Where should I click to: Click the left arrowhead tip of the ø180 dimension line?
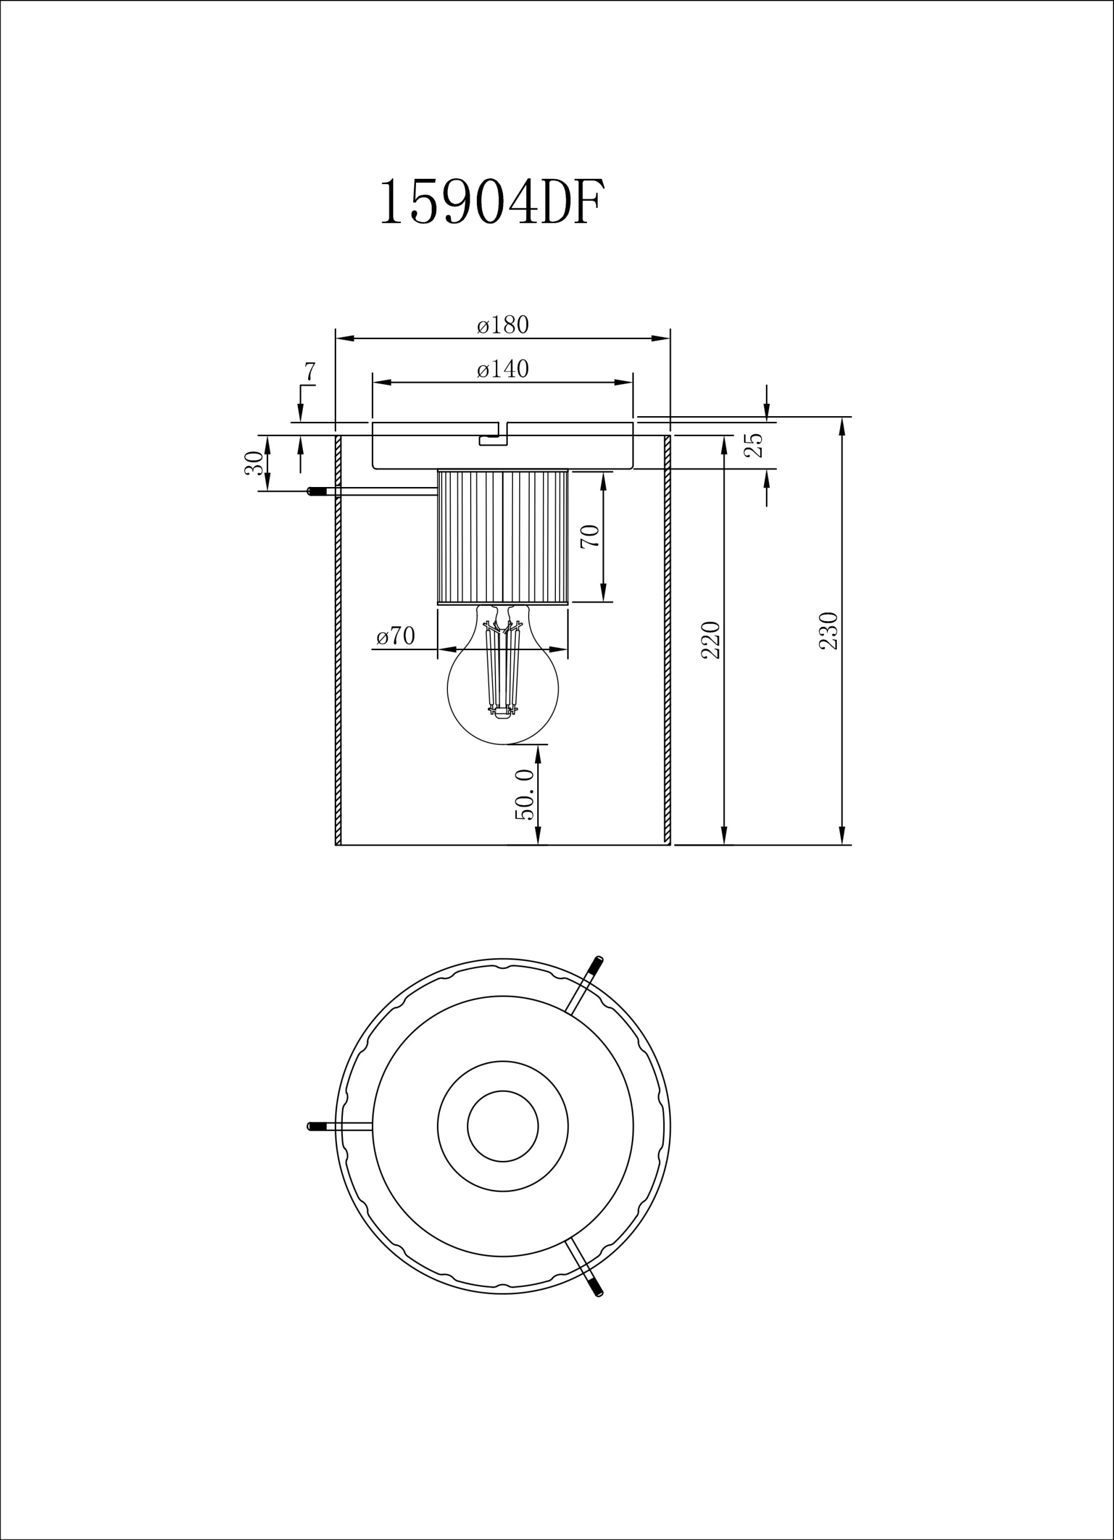point(336,338)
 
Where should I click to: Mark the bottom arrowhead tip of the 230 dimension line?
point(842,845)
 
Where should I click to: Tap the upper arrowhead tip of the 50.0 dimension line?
point(538,744)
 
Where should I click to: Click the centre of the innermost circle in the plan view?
point(503,1126)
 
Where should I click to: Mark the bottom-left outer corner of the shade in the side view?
point(336,845)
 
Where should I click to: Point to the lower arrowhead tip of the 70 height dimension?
point(603,601)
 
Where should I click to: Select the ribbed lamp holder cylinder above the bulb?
point(503,536)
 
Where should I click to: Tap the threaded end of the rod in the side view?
point(316,492)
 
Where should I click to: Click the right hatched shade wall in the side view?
point(667,640)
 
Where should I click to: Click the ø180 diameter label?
point(503,325)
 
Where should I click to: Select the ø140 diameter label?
point(503,369)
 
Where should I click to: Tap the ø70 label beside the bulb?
point(396,636)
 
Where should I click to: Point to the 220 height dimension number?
point(711,640)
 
